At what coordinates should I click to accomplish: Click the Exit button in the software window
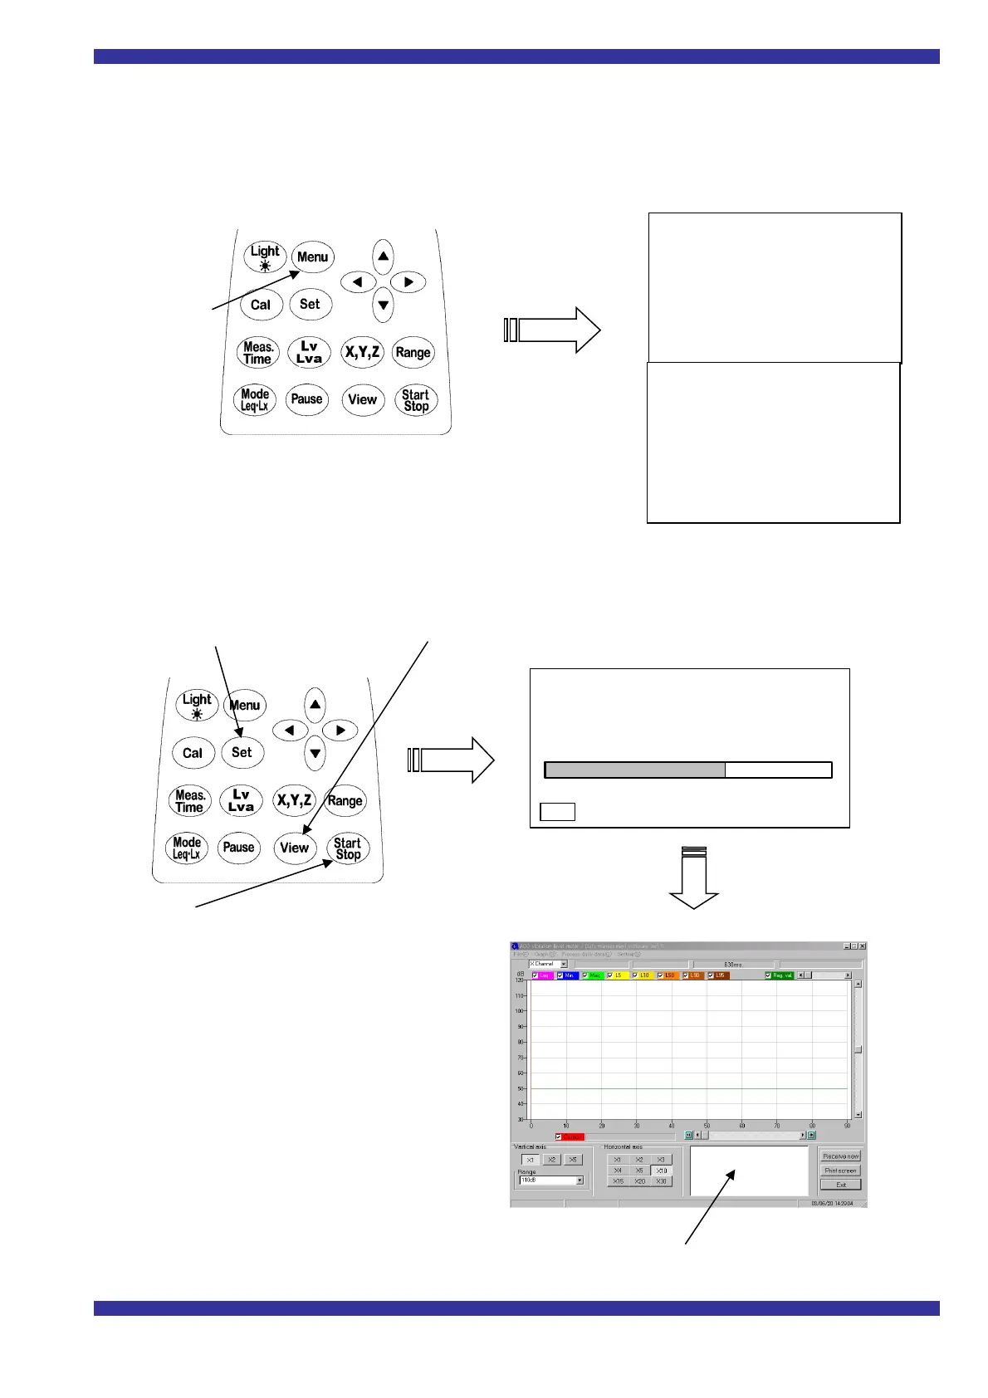point(840,1185)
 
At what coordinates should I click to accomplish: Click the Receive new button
point(840,1156)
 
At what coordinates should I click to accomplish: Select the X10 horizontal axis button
point(661,1171)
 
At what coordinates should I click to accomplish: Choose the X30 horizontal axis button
point(661,1181)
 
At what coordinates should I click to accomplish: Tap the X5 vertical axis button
point(573,1160)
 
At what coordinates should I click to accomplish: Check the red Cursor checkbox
point(559,1137)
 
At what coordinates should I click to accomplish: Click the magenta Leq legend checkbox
point(536,975)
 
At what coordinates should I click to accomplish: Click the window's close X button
point(863,946)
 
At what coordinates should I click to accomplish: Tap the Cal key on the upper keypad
point(261,305)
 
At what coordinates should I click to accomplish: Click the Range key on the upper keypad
point(413,352)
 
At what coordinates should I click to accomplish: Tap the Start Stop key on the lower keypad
point(347,848)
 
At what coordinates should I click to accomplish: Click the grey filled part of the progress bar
point(635,770)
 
